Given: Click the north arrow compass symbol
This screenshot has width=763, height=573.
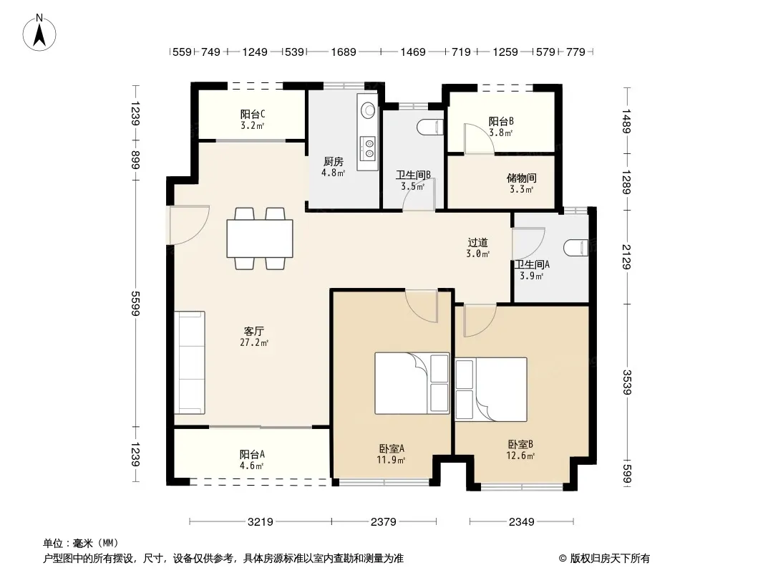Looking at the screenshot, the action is click(39, 33).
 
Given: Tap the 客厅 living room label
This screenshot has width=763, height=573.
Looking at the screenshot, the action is click(253, 332).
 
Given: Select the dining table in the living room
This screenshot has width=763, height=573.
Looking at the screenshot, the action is click(260, 239).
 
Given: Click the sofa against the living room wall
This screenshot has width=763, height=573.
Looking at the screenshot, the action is click(189, 362).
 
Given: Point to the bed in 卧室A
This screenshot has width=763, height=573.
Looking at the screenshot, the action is click(412, 383).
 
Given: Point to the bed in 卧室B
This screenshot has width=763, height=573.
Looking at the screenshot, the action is click(491, 390).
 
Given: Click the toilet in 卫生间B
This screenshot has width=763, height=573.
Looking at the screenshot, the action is click(430, 127).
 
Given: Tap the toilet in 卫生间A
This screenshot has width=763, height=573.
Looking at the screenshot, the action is click(576, 248).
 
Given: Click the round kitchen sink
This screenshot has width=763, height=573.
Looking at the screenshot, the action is click(369, 110).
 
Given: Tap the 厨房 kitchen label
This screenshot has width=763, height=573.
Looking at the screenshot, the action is click(334, 162).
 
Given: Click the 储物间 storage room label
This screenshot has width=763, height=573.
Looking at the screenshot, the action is click(521, 178).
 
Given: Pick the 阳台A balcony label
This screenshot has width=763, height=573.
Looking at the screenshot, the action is click(252, 454).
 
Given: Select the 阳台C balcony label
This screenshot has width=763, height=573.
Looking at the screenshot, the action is click(253, 115).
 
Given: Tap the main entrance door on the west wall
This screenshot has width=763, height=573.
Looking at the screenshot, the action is click(188, 224).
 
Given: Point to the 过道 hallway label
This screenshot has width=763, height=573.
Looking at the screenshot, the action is click(477, 242).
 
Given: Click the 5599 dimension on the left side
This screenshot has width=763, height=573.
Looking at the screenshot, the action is click(136, 303).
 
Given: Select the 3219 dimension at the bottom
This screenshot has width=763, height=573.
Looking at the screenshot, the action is click(261, 522).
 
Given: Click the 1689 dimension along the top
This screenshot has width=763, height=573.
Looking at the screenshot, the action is click(344, 52).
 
